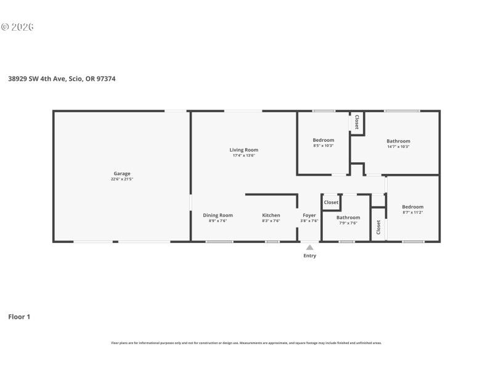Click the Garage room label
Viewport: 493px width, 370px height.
pos(121,173)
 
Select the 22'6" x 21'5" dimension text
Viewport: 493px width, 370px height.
pos(121,179)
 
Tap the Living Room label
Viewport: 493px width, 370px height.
pos(243,150)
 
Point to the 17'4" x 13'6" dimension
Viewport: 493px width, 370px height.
pos(243,156)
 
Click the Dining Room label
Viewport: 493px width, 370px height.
pos(218,215)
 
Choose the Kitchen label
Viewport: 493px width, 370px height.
pos(271,215)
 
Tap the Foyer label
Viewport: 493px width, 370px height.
pos(309,215)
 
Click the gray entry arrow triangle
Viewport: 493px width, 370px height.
pos(309,247)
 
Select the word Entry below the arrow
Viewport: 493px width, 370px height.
pos(309,256)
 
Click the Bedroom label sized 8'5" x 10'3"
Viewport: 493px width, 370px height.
pos(324,140)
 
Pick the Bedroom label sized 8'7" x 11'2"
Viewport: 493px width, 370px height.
pos(412,207)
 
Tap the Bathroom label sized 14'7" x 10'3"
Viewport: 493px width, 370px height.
pos(398,141)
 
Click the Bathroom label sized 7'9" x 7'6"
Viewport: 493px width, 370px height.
pos(348,217)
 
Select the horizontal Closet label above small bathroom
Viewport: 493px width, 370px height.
pos(331,202)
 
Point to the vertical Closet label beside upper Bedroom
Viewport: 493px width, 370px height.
pos(357,121)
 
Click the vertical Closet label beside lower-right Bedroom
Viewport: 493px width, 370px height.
pos(378,227)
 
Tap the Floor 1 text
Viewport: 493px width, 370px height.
pos(19,316)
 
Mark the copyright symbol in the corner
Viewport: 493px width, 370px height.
pos(4,27)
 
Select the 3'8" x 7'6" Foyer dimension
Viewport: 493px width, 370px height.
pos(309,221)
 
